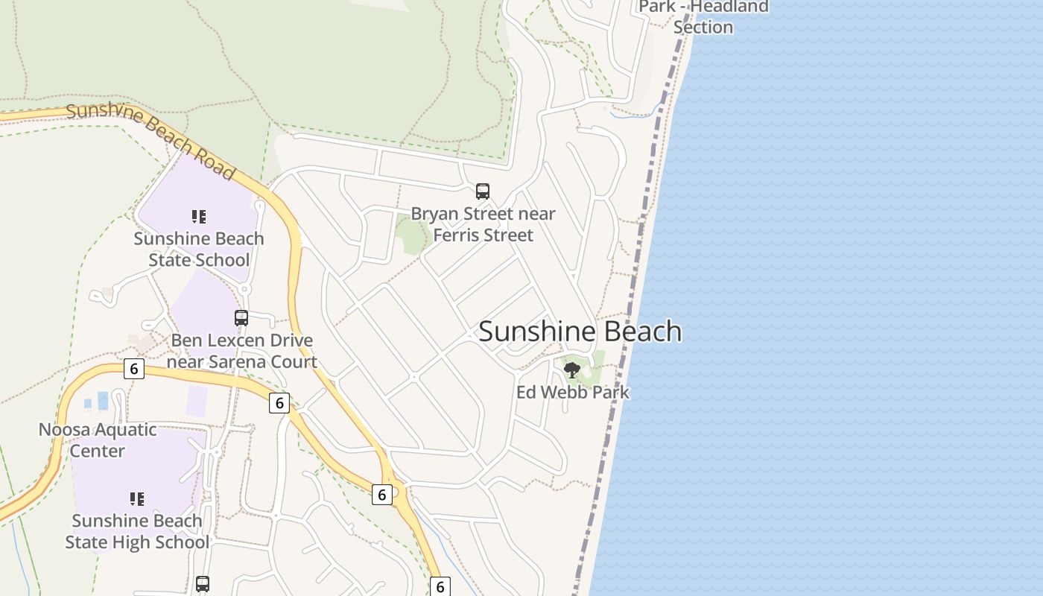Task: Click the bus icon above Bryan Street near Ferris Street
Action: coord(483,191)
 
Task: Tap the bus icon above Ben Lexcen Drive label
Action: coord(241,318)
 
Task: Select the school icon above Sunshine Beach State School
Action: coord(199,217)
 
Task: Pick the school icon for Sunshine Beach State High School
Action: coord(137,498)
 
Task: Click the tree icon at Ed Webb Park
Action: coord(572,370)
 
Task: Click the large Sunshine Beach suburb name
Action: coord(580,332)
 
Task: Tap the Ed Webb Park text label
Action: coord(573,392)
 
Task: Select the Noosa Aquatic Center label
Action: coord(98,440)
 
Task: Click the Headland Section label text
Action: coord(703,27)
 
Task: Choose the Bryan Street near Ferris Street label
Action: coord(483,224)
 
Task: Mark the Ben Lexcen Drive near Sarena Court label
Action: coord(242,351)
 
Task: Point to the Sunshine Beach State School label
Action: coord(199,249)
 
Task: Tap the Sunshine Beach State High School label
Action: coord(137,531)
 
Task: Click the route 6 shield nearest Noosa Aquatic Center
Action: coord(134,369)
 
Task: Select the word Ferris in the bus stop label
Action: coord(456,235)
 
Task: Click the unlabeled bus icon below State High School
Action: coord(203,584)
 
